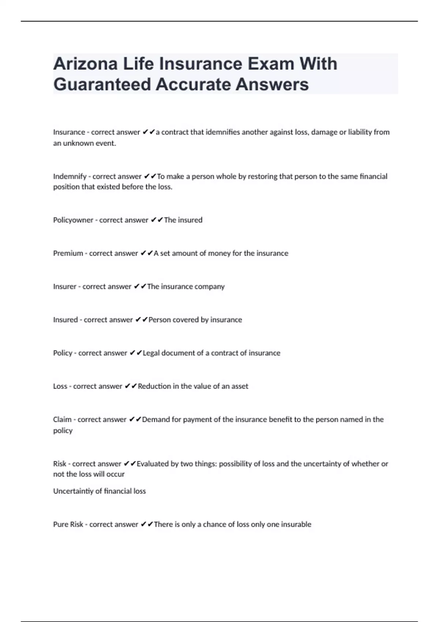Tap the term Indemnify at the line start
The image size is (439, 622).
coord(70,176)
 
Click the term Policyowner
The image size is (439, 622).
coord(73,220)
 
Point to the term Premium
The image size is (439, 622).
coord(68,253)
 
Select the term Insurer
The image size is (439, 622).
coord(65,286)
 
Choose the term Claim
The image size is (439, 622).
coord(62,419)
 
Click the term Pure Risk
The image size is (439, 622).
coord(68,524)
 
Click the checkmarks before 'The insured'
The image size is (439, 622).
coord(157,220)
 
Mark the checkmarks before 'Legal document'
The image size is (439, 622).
coord(136,353)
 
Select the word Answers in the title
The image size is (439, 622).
coord(272,85)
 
